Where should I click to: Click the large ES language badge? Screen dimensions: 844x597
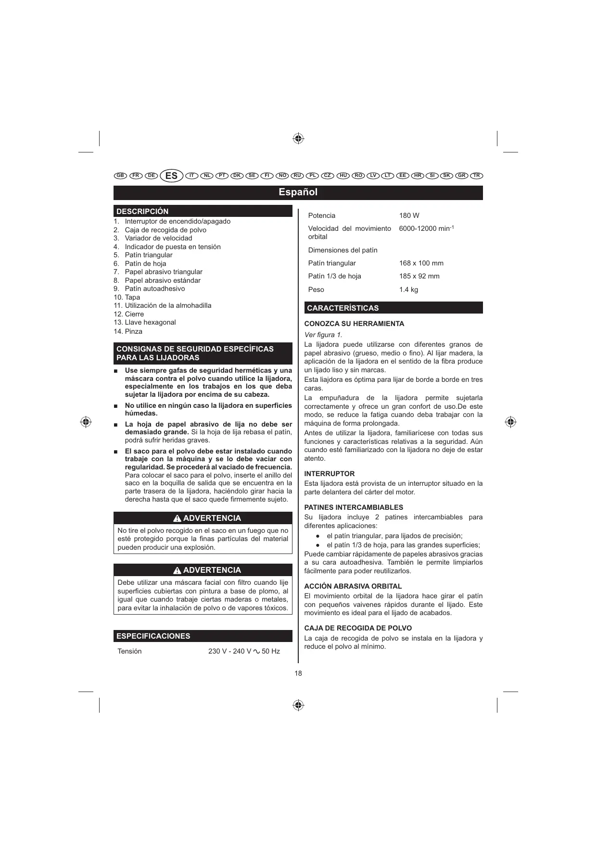(x=171, y=176)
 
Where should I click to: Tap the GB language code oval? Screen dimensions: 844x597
(x=120, y=176)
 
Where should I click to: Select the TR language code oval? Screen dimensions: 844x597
(x=476, y=176)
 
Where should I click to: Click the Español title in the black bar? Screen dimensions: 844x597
(x=298, y=192)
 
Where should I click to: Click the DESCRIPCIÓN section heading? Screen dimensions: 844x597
(x=142, y=212)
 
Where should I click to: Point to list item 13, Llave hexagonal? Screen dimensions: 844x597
(x=150, y=322)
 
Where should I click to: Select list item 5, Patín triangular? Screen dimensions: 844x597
(x=148, y=255)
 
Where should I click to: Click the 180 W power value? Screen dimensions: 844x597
(x=409, y=215)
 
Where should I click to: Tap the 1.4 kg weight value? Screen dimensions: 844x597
(x=408, y=290)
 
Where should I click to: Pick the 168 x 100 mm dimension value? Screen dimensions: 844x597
(x=421, y=263)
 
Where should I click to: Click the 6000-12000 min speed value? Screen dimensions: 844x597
(x=426, y=228)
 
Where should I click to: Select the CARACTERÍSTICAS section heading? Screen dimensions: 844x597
(x=343, y=308)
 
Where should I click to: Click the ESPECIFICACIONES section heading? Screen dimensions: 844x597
(x=153, y=636)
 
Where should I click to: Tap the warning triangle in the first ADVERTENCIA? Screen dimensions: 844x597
(x=177, y=518)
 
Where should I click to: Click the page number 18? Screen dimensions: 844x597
(x=298, y=673)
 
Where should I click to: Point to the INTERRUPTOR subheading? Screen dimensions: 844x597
(x=329, y=474)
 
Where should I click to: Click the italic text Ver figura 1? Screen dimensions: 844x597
(x=323, y=335)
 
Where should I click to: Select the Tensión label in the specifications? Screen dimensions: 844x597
(x=129, y=651)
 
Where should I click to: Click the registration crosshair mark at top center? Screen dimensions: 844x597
(x=298, y=139)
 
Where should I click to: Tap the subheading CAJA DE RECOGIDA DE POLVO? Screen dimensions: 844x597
(x=358, y=628)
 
